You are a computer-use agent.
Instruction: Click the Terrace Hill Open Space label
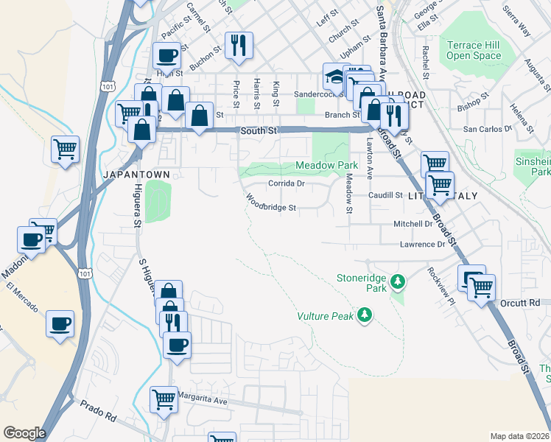click(473, 50)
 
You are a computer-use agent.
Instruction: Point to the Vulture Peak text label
click(325, 316)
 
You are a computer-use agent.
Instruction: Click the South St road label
click(258, 130)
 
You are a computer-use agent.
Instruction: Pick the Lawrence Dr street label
click(423, 244)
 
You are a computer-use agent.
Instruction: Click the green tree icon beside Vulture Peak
click(363, 315)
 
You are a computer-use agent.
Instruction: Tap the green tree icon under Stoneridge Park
click(398, 281)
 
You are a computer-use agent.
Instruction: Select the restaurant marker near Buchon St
click(239, 46)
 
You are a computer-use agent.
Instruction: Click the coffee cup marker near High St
click(166, 55)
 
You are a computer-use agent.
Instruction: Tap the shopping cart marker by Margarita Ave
click(164, 399)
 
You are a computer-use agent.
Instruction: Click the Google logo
click(24, 433)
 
